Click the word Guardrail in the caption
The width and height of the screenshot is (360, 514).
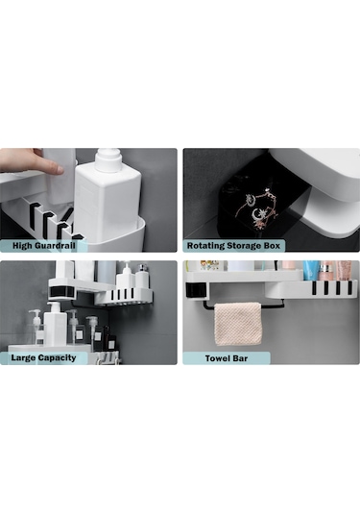coord(55,246)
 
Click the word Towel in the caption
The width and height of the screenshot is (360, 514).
coord(217,358)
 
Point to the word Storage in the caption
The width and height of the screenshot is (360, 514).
coord(247,246)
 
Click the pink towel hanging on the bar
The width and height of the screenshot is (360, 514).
coord(238,324)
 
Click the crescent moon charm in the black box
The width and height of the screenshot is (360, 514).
coord(257,214)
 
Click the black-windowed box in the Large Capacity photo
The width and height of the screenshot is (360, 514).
coord(62,292)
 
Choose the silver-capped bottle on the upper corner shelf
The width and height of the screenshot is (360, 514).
coord(142,276)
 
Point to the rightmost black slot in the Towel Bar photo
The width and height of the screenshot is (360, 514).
coord(349,287)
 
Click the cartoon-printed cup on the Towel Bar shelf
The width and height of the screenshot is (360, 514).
coord(209,266)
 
